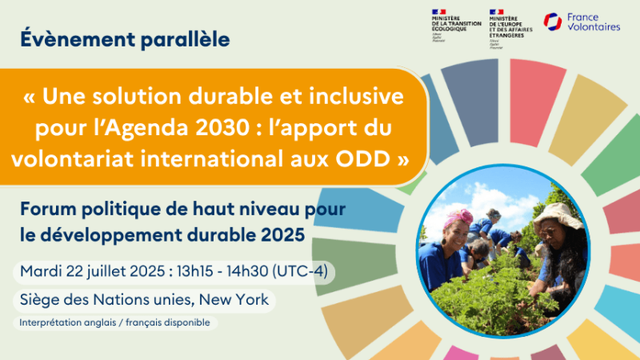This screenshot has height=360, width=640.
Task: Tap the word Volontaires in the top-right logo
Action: click(x=593, y=27)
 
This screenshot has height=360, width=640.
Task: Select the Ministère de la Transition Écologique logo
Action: click(x=452, y=24)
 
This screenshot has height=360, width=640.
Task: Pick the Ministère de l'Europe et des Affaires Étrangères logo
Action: click(x=508, y=24)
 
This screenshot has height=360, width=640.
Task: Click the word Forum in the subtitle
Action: click(x=45, y=211)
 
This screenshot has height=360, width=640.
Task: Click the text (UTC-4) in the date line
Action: click(x=302, y=271)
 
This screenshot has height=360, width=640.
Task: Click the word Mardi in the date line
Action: click(x=38, y=271)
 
